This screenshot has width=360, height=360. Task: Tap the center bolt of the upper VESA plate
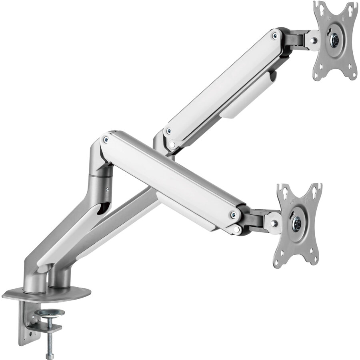335,40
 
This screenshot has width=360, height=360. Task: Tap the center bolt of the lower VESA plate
297,222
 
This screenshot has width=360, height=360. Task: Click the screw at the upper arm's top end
274,36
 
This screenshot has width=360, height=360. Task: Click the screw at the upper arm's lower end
169,131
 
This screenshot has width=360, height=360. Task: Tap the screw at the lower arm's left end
106,140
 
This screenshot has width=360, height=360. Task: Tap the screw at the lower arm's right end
233,216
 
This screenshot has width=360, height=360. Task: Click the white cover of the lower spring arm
168,176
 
